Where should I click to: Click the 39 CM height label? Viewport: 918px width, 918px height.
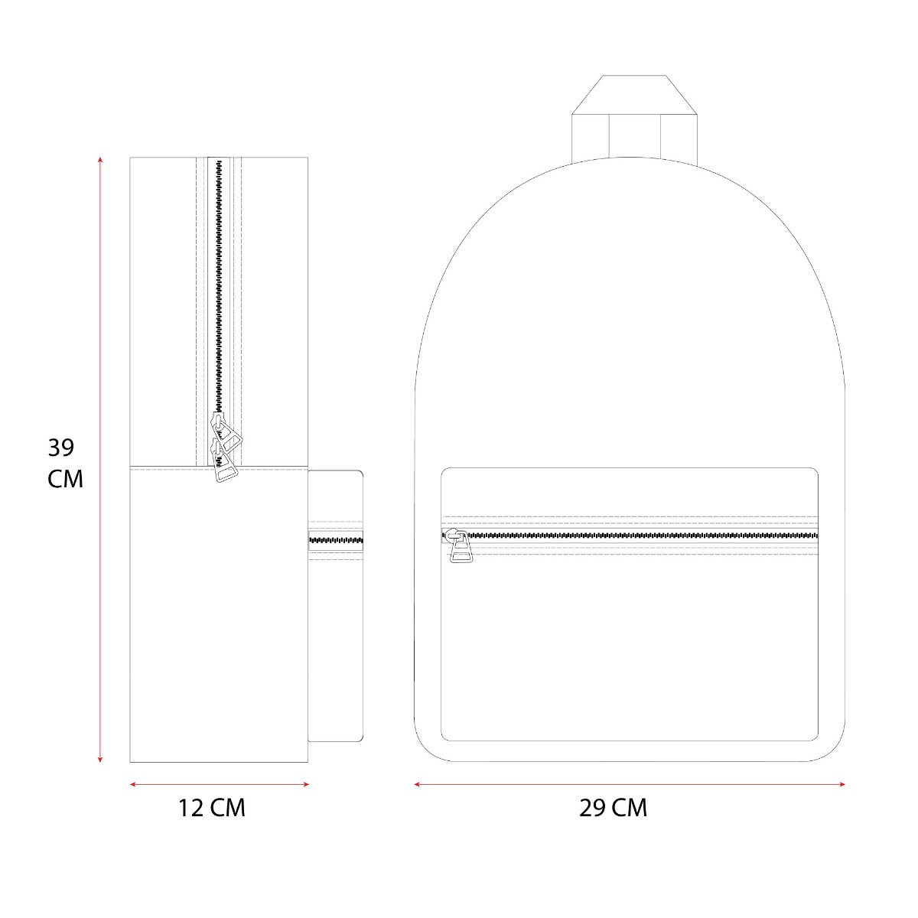tap(65, 463)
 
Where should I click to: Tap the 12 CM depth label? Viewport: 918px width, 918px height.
tap(211, 809)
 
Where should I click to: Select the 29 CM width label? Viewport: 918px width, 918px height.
tap(613, 809)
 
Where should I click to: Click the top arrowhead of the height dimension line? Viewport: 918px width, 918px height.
tap(100, 159)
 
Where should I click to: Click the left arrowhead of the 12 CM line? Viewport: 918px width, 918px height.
tap(133, 785)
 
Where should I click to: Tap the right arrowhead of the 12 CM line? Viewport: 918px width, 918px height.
tap(305, 785)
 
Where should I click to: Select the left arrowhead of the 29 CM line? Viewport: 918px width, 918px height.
tap(417, 785)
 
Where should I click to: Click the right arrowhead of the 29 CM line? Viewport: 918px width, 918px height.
tap(841, 785)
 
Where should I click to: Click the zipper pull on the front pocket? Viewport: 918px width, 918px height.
tap(459, 546)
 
